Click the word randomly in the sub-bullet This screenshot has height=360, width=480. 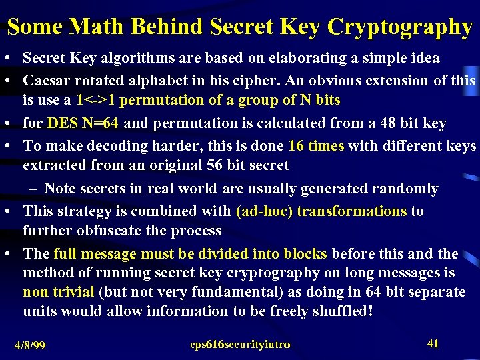point(406,189)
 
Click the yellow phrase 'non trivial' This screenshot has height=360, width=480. point(58,292)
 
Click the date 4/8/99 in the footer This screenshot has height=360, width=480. point(30,345)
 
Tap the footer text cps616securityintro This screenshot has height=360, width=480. point(240,345)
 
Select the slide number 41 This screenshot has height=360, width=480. point(433,343)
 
